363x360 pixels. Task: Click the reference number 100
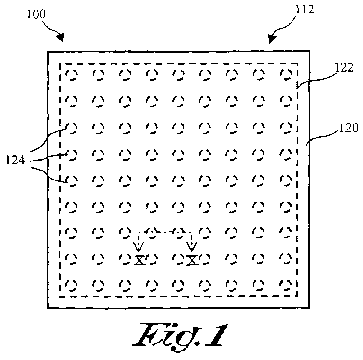pos(35,14)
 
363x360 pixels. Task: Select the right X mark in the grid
pos(192,260)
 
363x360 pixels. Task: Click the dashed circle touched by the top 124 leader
pos(72,127)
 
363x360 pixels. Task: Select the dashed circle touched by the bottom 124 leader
pos(72,180)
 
